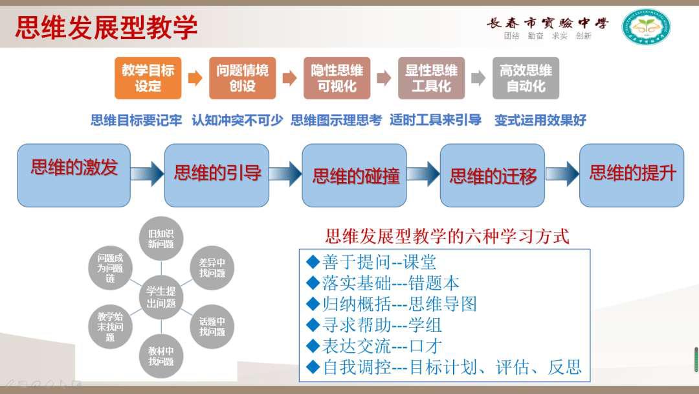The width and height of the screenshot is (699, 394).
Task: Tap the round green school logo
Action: click(646, 27)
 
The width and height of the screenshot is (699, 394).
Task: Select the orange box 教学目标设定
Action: click(148, 78)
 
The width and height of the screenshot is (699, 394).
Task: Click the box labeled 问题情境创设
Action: click(242, 78)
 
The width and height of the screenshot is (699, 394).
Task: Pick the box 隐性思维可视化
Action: click(337, 78)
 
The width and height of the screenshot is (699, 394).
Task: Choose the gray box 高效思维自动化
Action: click(526, 78)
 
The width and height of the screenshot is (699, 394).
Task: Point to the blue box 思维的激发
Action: click(74, 170)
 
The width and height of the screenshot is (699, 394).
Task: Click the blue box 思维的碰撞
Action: click(355, 175)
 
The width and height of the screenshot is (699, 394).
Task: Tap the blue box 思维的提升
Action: click(631, 174)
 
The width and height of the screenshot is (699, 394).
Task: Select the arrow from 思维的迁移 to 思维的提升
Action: click(561, 174)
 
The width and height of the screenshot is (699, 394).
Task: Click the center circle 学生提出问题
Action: click(161, 297)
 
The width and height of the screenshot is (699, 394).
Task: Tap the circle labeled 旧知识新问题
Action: click(161, 238)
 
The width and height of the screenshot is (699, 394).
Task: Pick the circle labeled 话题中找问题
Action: click(212, 327)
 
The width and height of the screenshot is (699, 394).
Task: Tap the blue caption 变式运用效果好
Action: click(540, 121)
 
